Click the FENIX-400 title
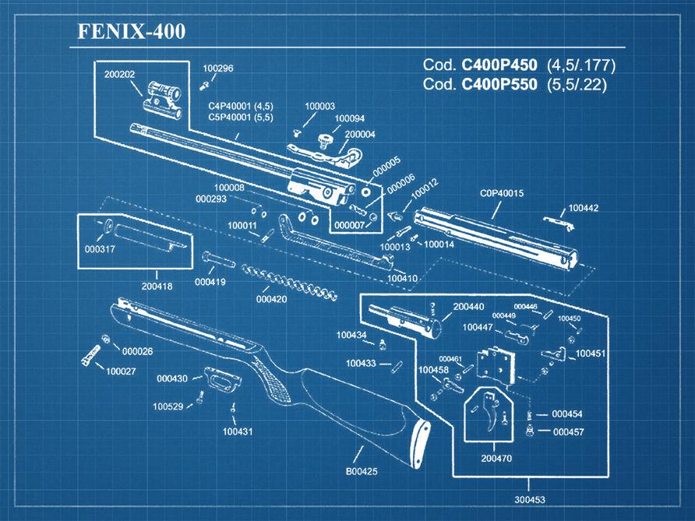coord(131,32)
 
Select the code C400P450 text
coord(499,65)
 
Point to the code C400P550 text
coord(499,84)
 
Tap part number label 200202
coord(120,75)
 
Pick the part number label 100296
coord(217,69)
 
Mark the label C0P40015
coord(501,193)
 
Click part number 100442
coord(584,208)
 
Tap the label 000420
coord(271,299)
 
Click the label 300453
coord(530,499)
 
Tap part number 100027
coord(122,371)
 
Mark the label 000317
coord(100,249)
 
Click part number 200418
coord(157,287)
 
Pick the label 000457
coord(568,431)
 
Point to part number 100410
coord(402,278)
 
